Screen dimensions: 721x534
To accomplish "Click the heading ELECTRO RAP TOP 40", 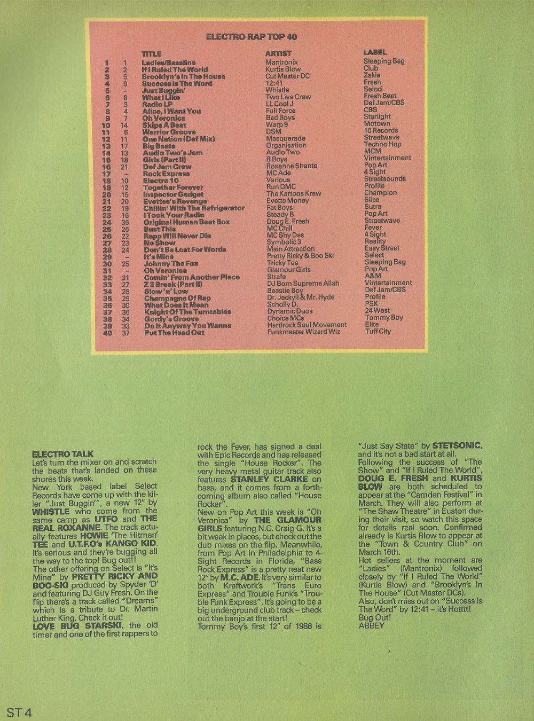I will pyautogui.click(x=251, y=37).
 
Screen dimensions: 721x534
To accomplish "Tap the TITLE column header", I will pyautogui.click(x=151, y=54).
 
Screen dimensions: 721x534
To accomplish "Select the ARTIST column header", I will pyautogui.click(x=278, y=53).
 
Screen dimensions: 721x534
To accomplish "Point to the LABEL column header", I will pyautogui.click(x=374, y=52).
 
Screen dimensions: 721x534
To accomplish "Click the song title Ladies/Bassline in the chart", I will pyautogui.click(x=168, y=62).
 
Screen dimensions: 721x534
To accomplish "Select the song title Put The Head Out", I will pyautogui.click(x=174, y=332).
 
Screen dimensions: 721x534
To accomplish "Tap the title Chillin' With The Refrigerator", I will pyautogui.click(x=194, y=208).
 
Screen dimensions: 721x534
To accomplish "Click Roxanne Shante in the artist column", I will pyautogui.click(x=292, y=166).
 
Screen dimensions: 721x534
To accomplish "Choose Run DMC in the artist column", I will pyautogui.click(x=281, y=187).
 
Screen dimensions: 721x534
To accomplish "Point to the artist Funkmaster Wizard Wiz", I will pyautogui.click(x=303, y=332).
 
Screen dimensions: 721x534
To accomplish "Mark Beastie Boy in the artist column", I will pyautogui.click(x=285, y=291).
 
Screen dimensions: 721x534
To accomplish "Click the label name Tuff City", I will pyautogui.click(x=378, y=331).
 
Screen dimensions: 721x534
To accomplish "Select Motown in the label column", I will pyautogui.click(x=376, y=123).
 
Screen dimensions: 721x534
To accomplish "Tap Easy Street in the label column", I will pyautogui.click(x=382, y=248).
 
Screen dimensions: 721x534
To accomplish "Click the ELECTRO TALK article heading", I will pyautogui.click(x=62, y=454).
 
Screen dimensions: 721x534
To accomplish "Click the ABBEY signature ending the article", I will pyautogui.click(x=371, y=625).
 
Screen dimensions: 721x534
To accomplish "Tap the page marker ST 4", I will pyautogui.click(x=19, y=713).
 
